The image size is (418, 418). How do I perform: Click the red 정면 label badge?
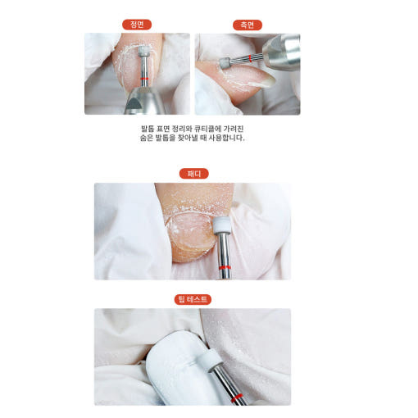(x=137, y=25)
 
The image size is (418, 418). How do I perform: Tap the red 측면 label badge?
(x=248, y=25)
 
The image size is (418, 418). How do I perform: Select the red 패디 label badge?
(x=193, y=174)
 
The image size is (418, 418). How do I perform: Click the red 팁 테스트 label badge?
(x=193, y=300)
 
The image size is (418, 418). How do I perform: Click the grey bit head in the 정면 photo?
(x=143, y=51)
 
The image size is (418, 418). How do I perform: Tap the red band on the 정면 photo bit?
(x=143, y=79)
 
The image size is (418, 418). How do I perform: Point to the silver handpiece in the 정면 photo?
(x=142, y=101)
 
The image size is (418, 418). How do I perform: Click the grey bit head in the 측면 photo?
(x=225, y=62)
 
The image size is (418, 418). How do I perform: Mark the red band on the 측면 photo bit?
(x=250, y=58)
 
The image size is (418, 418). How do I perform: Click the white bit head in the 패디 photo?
(x=221, y=225)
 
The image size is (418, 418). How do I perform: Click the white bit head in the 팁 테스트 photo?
(x=210, y=359)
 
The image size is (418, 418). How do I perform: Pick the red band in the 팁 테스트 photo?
(x=236, y=398)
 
